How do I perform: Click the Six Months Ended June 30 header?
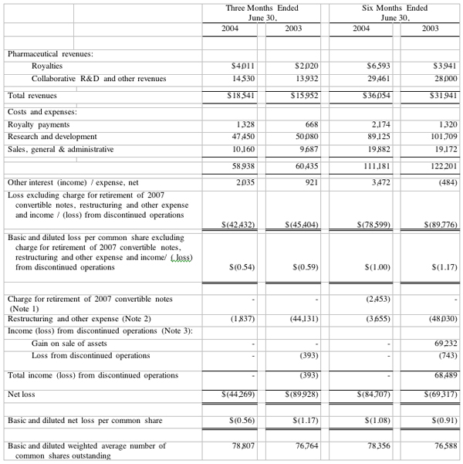pos(394,12)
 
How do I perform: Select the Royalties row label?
pos(47,66)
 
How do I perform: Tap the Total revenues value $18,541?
pos(239,96)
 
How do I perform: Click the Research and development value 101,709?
pos(439,137)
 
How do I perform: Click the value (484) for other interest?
pos(442,182)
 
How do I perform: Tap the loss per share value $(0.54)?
pos(242,267)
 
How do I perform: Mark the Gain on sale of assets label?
pos(69,343)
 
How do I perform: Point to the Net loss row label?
pos(22,394)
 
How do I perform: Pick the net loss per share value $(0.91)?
pos(441,422)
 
